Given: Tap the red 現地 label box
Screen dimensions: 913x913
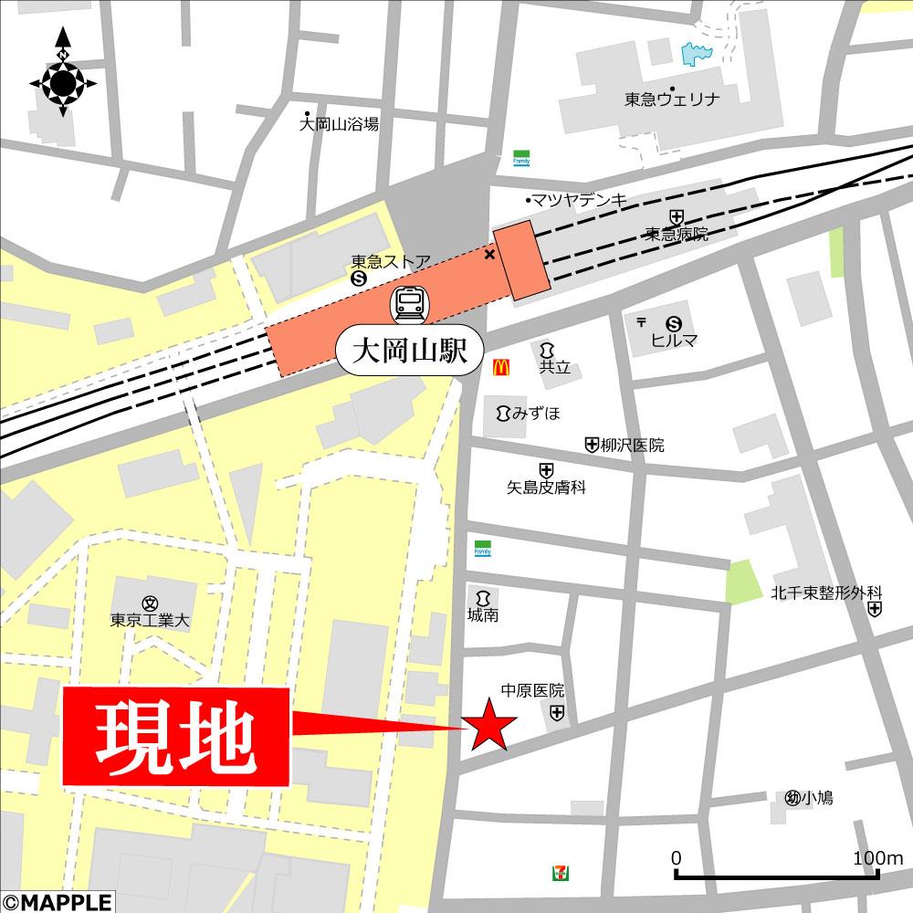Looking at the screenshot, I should pos(176,737).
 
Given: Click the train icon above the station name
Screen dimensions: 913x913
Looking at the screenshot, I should pos(409,303).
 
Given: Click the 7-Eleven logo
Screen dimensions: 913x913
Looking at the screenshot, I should pos(556,873).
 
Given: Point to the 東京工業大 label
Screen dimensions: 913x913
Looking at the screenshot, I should pos(150,619).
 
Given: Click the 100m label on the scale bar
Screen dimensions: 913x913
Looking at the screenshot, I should pos(877,858).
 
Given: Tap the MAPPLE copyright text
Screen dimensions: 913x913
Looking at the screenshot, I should pos(57,902).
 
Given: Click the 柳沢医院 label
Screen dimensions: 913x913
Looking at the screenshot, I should pos(633,446).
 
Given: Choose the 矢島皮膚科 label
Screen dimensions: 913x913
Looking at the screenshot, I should pos(546,488).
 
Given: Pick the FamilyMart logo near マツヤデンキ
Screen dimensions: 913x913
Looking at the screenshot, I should pos(521,158).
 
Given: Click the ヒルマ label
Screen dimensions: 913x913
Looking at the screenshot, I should pos(674,340).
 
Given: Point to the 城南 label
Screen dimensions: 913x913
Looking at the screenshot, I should pos(483,615).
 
